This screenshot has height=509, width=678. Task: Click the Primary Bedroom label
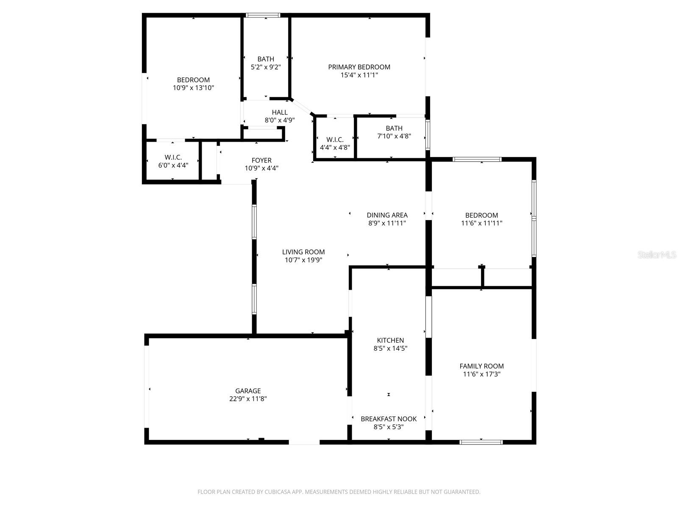(x=359, y=67)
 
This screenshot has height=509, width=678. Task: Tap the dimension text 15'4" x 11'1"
(x=359, y=75)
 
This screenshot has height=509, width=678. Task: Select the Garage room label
(x=248, y=391)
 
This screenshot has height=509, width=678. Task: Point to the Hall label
(x=280, y=112)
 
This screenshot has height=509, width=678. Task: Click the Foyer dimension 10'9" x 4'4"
(x=261, y=168)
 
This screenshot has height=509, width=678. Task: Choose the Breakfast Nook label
(x=389, y=419)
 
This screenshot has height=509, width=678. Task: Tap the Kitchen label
(x=390, y=340)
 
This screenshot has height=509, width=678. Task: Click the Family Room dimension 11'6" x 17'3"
(x=481, y=374)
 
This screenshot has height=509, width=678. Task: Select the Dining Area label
(x=387, y=215)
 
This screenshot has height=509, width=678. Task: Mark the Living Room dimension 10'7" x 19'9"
(x=303, y=260)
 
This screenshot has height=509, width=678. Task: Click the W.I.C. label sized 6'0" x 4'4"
(x=173, y=157)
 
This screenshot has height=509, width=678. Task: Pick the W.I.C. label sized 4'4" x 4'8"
(x=335, y=140)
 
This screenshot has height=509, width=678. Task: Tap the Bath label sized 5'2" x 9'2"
(x=266, y=59)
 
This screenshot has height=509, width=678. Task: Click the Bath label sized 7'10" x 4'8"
(x=394, y=128)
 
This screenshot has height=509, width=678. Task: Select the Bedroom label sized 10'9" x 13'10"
(x=193, y=80)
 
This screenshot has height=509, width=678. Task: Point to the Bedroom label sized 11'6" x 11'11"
(x=481, y=215)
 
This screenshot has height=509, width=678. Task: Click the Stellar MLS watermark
(x=657, y=255)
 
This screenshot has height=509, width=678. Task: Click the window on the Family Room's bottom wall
(x=481, y=442)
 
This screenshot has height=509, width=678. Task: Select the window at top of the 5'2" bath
(x=263, y=15)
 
